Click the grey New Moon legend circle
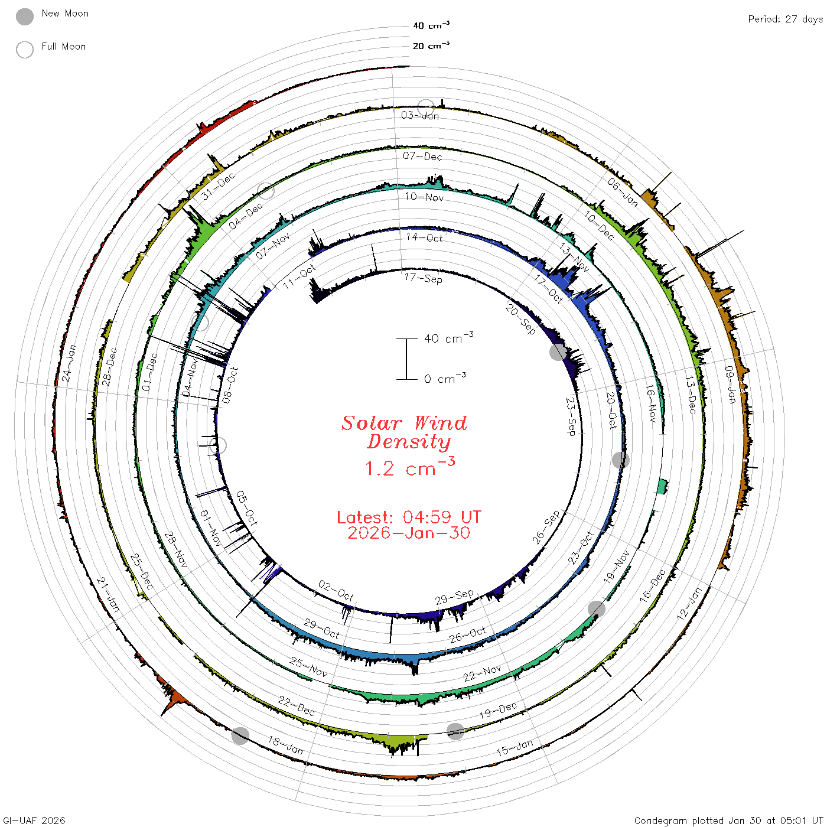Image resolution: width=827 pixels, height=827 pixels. tap(25, 17)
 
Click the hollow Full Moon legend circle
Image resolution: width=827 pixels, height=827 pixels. tap(25, 50)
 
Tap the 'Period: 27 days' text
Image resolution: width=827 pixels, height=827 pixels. tap(786, 19)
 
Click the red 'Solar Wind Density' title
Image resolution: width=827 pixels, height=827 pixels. tap(404, 432)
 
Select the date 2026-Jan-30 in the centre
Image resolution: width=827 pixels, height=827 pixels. tap(409, 533)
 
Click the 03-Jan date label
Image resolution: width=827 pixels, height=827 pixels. tap(420, 115)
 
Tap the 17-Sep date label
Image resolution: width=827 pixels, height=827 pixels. tap(423, 278)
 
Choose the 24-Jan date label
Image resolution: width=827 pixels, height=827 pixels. tap(69, 363)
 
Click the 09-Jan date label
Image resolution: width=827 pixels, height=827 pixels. tap(730, 385)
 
